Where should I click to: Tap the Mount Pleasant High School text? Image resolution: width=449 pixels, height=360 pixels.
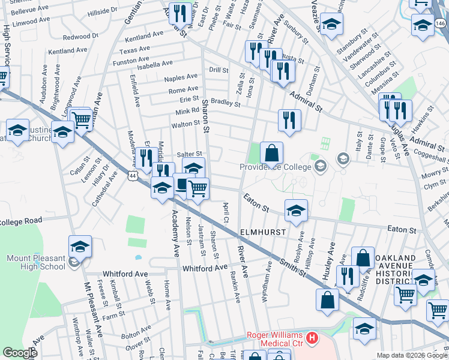35,263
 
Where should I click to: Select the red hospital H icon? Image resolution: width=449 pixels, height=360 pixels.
312,338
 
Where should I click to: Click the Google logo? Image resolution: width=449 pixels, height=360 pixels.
20,353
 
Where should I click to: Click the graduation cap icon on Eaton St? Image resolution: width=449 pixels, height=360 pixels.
296,210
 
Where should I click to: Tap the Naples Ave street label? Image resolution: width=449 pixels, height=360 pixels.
181,77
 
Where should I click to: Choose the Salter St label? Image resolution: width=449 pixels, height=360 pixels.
188,154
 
